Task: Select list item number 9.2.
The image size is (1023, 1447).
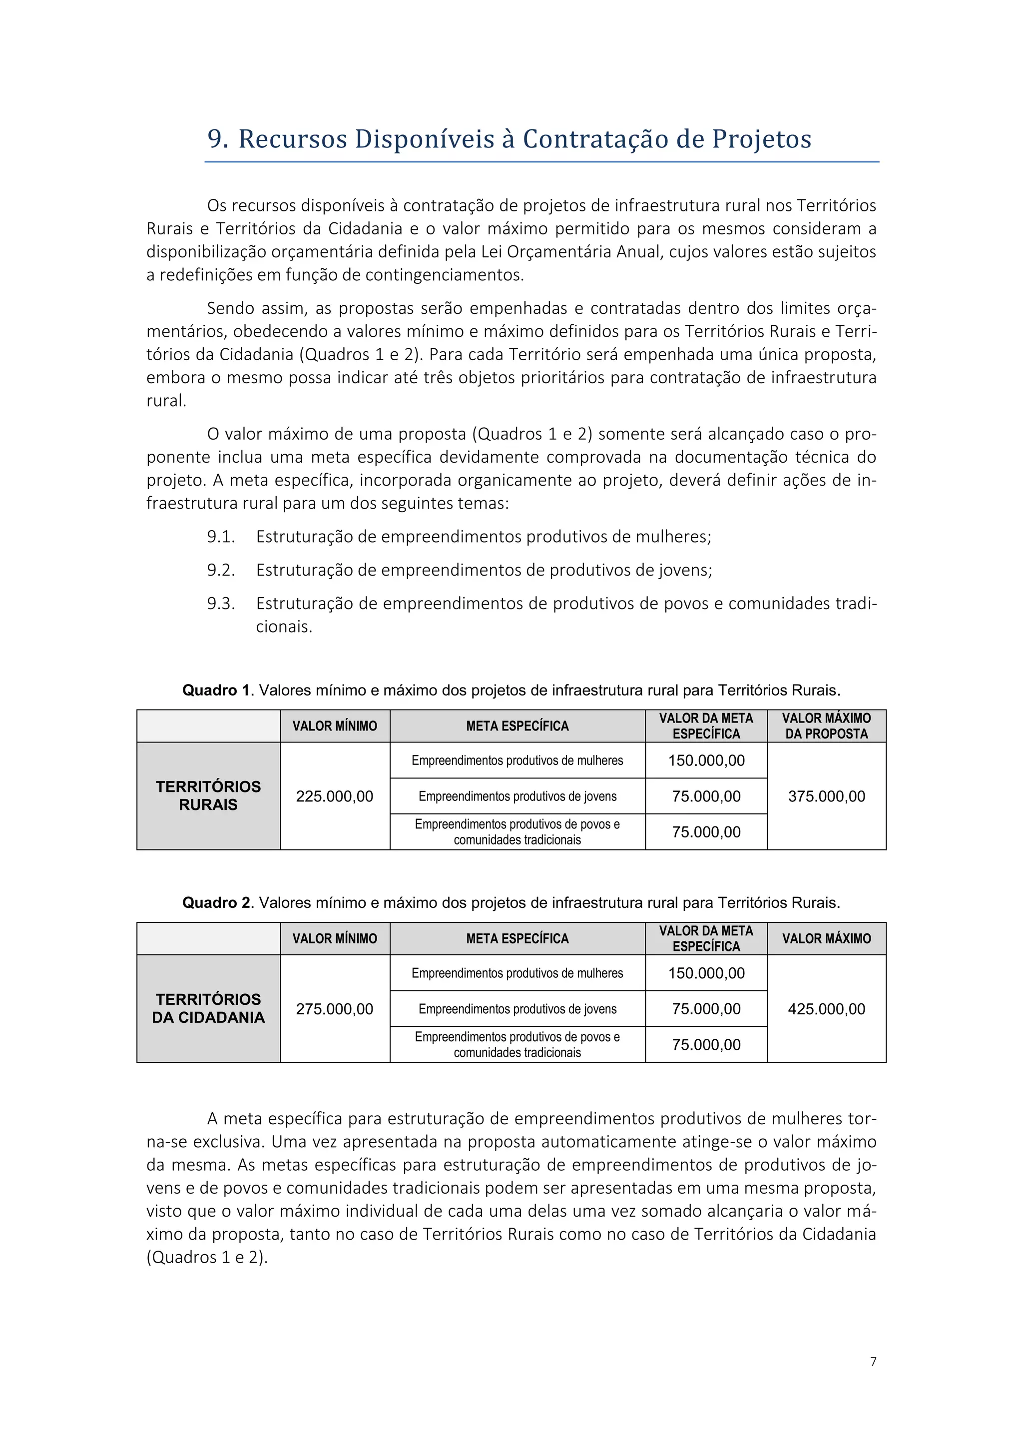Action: coord(220,570)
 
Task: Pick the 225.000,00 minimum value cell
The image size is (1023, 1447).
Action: coord(335,796)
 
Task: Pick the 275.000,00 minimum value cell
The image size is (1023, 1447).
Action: coord(335,1008)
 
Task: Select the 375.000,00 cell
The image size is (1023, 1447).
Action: coord(827,796)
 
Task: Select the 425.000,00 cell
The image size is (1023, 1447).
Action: coord(827,1008)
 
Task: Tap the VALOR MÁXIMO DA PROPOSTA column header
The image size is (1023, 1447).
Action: coord(827,726)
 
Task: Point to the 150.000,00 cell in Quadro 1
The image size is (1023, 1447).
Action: coord(706,760)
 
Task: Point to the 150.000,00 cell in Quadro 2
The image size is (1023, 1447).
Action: coord(706,973)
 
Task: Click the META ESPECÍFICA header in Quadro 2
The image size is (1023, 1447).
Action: coord(517,938)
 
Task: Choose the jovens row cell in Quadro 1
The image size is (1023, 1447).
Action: coord(517,796)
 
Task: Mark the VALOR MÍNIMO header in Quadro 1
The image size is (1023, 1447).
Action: coord(335,726)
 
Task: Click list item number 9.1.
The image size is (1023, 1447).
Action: coord(220,537)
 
